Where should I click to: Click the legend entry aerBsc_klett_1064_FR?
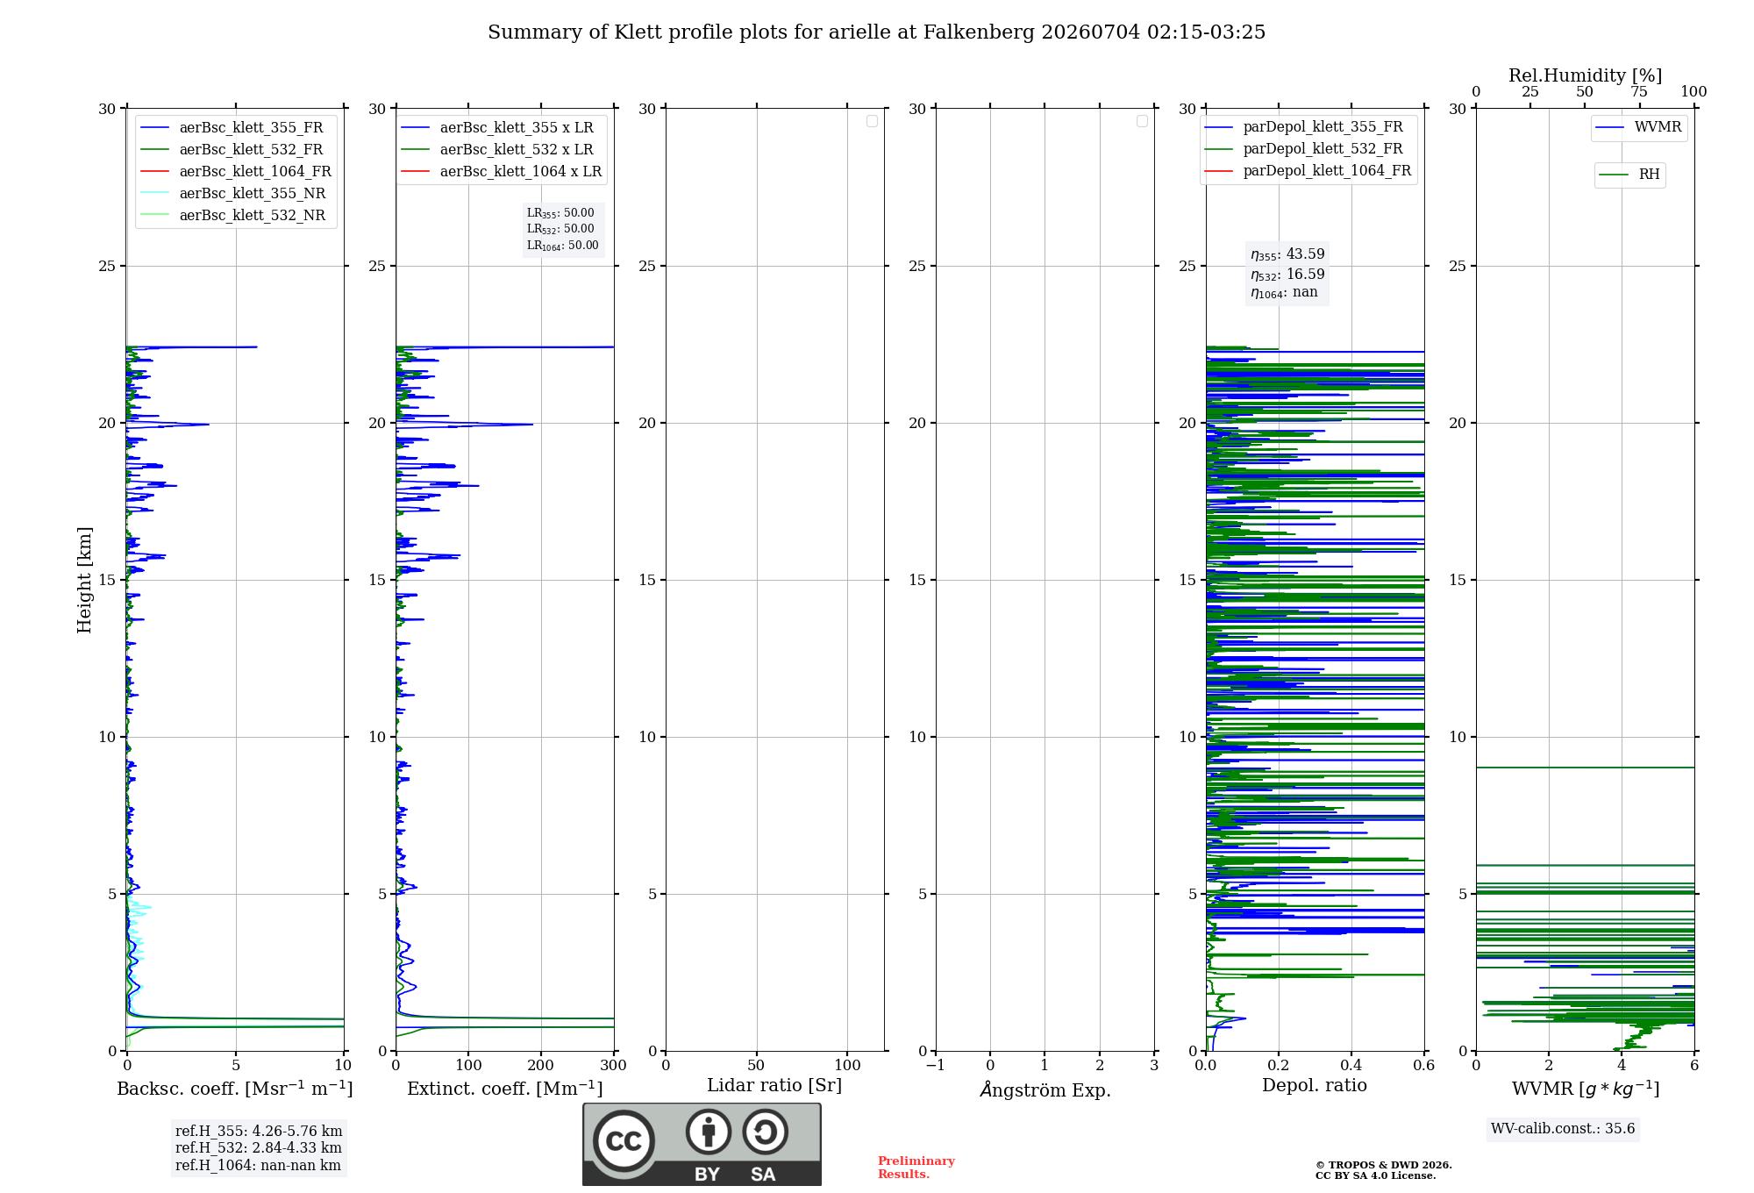point(235,171)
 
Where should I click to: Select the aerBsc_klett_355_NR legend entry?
point(232,193)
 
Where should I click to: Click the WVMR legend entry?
point(1638,127)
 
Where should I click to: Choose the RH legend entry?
point(1629,175)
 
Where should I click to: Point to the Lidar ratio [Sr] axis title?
point(774,1085)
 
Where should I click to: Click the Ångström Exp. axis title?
point(1045,1089)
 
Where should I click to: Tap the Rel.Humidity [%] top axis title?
point(1586,75)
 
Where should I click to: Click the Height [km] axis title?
point(84,580)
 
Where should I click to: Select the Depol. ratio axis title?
point(1315,1085)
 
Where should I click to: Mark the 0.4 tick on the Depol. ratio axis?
point(1351,1065)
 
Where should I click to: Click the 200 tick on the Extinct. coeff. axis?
point(541,1065)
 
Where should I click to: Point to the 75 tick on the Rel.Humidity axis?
point(1639,91)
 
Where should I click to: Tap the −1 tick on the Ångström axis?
point(936,1065)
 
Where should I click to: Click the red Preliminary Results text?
point(916,1168)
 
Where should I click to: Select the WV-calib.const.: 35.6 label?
point(1563,1129)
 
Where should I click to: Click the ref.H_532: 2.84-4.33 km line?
point(259,1147)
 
